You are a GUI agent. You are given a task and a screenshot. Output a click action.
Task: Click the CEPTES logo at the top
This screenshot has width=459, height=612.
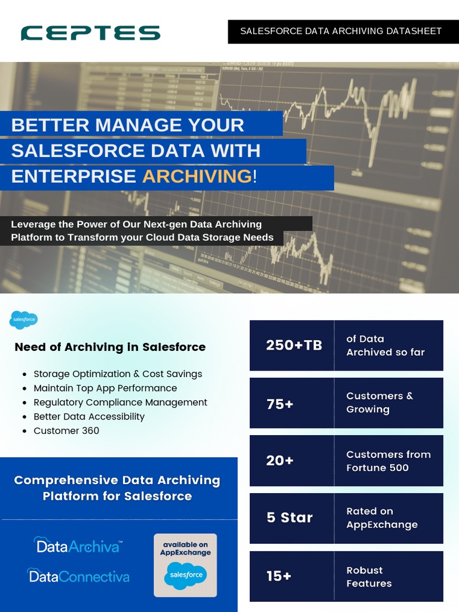90,33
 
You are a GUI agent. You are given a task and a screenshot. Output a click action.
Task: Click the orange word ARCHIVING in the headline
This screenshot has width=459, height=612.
197,176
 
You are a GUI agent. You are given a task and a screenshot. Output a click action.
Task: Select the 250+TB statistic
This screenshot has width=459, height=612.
294,345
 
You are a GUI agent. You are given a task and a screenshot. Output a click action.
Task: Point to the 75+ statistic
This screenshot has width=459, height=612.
280,404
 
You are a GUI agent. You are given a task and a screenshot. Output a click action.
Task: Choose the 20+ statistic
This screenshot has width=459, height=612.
280,461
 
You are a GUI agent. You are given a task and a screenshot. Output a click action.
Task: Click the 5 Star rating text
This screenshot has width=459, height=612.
289,518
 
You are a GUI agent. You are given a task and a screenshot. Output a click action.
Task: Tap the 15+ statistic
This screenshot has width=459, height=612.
279,576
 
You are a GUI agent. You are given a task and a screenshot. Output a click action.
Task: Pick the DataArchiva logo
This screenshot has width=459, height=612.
78,545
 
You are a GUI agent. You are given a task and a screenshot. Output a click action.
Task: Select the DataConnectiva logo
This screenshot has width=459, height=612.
78,576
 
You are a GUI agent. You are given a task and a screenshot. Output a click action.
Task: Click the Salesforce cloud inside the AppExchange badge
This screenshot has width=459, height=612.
185,575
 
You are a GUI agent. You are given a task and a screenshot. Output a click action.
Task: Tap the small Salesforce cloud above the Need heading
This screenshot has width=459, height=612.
24,320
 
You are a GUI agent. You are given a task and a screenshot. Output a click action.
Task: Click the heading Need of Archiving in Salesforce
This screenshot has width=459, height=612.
110,347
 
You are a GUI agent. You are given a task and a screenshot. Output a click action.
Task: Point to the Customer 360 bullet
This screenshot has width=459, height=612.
66,431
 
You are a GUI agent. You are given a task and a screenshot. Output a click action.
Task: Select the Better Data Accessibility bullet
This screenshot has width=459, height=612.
89,417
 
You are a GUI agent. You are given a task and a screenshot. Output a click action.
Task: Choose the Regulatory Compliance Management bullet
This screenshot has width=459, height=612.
120,402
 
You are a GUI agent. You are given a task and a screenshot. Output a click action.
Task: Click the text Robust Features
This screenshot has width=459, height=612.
369,577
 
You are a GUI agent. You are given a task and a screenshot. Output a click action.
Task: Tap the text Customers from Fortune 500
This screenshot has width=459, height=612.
388,461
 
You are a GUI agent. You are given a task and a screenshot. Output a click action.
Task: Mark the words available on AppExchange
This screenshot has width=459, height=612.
185,549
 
